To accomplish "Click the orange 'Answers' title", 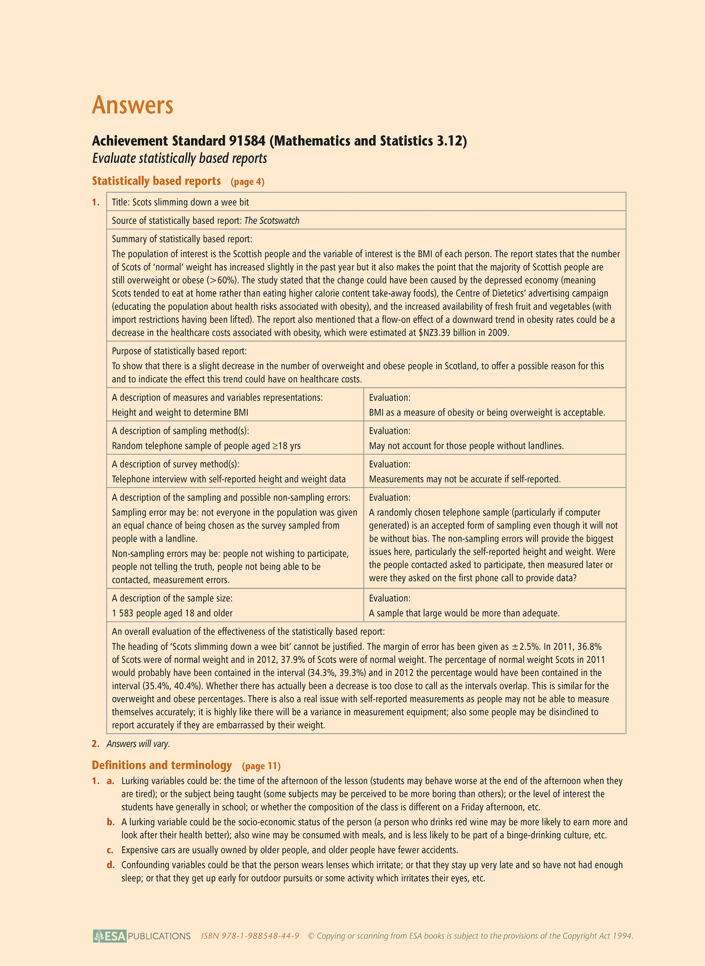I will [x=133, y=105].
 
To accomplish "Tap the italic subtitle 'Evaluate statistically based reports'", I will [x=180, y=159].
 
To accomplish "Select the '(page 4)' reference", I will [x=247, y=182].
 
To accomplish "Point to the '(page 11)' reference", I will [x=261, y=765].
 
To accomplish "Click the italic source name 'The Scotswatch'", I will [x=272, y=221].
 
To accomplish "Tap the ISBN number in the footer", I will [x=250, y=936].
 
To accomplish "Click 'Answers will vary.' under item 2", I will [x=139, y=744].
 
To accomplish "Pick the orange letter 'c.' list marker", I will [x=111, y=850].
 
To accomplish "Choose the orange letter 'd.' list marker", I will [x=111, y=865].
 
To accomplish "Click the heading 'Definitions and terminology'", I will [x=161, y=765].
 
